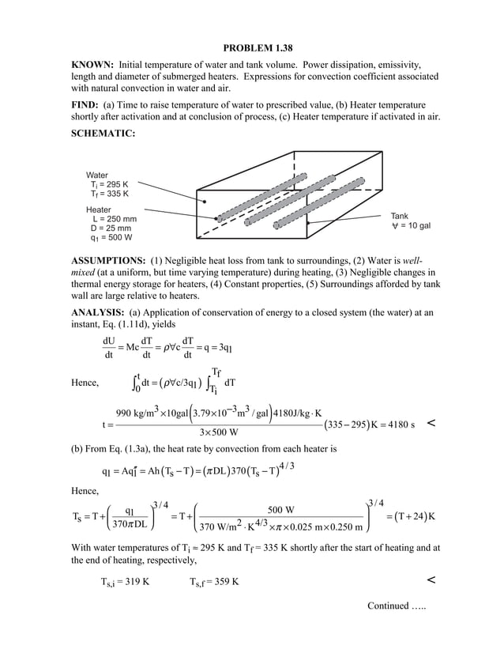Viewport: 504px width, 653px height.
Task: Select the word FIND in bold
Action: [85, 104]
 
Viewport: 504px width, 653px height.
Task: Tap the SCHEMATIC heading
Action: [103, 134]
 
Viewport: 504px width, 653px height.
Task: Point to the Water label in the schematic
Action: [97, 175]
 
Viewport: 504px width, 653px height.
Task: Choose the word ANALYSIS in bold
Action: [101, 312]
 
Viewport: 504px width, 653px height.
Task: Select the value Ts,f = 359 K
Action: [216, 582]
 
